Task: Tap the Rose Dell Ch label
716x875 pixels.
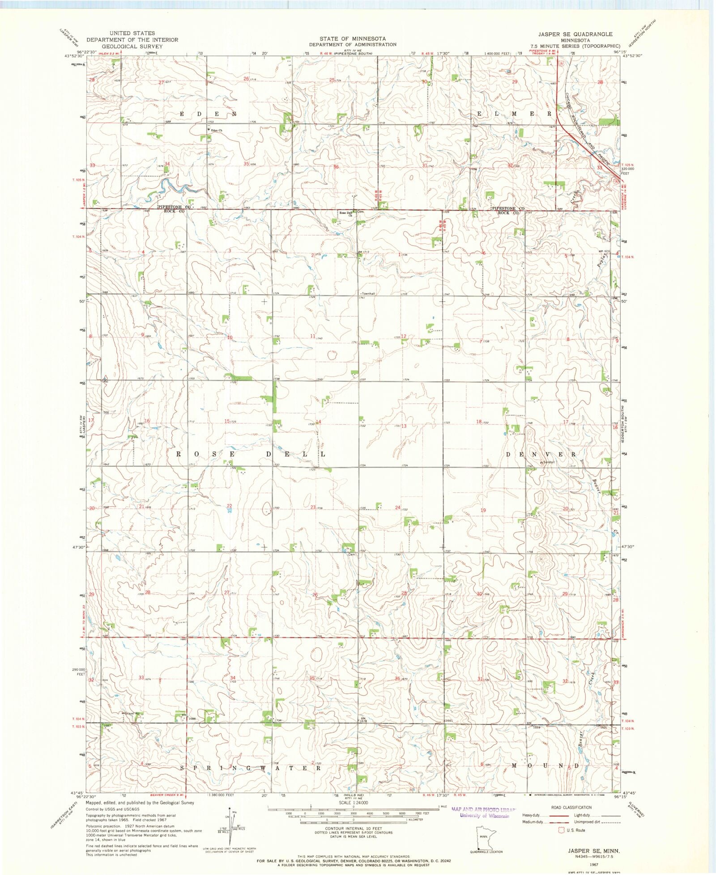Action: (x=345, y=214)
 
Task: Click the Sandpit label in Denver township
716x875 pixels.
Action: (x=548, y=462)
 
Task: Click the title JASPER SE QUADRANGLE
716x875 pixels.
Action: (x=575, y=34)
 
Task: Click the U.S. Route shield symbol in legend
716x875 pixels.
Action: (x=561, y=830)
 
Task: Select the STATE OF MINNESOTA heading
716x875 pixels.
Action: (x=352, y=39)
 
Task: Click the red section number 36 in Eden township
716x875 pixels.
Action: (x=336, y=167)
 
